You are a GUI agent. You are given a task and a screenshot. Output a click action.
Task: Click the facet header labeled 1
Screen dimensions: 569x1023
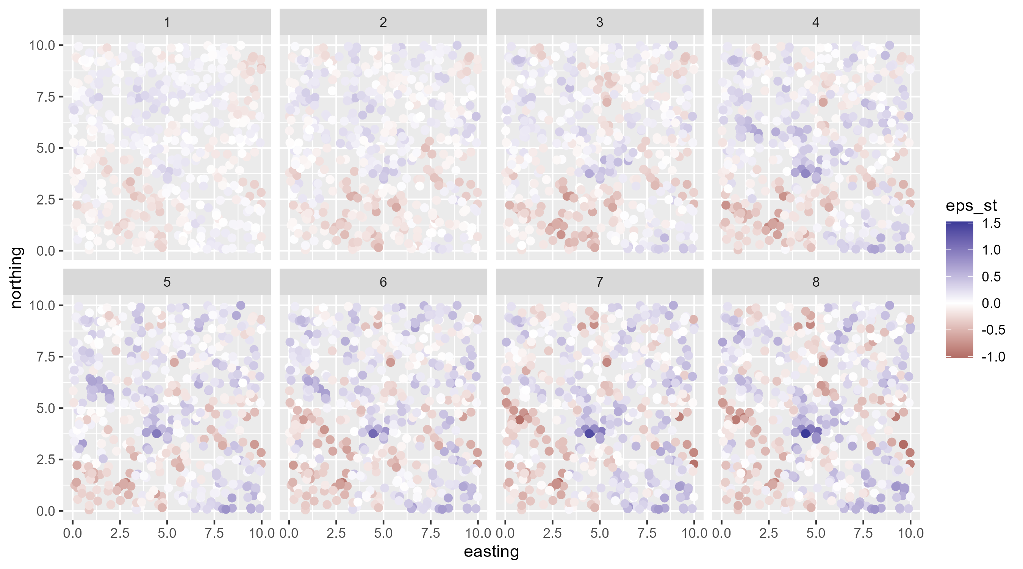pos(167,22)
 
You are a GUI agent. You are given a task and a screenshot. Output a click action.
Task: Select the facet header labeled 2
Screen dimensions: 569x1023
pos(383,22)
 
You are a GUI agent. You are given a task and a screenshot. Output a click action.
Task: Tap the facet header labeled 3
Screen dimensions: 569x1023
pos(599,22)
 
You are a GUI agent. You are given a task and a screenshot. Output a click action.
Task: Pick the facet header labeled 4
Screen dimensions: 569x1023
pos(816,22)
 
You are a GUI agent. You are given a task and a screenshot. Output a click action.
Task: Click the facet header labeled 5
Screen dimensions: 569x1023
pos(167,282)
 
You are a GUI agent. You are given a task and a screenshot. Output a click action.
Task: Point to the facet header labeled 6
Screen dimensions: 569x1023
pos(383,282)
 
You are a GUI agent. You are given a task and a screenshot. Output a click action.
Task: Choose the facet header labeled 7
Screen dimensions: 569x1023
pos(599,282)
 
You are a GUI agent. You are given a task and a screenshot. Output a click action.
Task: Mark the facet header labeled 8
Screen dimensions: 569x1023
pos(816,282)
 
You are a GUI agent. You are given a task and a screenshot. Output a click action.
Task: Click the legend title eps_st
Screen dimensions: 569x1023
pos(971,206)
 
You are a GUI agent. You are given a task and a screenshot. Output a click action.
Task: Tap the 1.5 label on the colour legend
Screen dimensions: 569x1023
pos(991,223)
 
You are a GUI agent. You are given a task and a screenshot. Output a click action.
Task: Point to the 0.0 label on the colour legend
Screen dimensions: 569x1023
pos(991,303)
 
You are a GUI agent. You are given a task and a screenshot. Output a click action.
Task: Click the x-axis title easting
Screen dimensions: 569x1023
pos(491,552)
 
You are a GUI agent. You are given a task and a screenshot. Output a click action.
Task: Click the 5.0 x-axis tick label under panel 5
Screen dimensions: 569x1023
pos(167,533)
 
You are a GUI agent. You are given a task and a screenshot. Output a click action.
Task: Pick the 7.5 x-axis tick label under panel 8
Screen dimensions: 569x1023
pos(863,533)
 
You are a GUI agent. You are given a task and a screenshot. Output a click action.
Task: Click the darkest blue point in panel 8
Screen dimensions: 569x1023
pos(806,434)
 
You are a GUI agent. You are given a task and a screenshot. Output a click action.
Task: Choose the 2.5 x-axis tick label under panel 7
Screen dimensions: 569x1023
pos(552,533)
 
